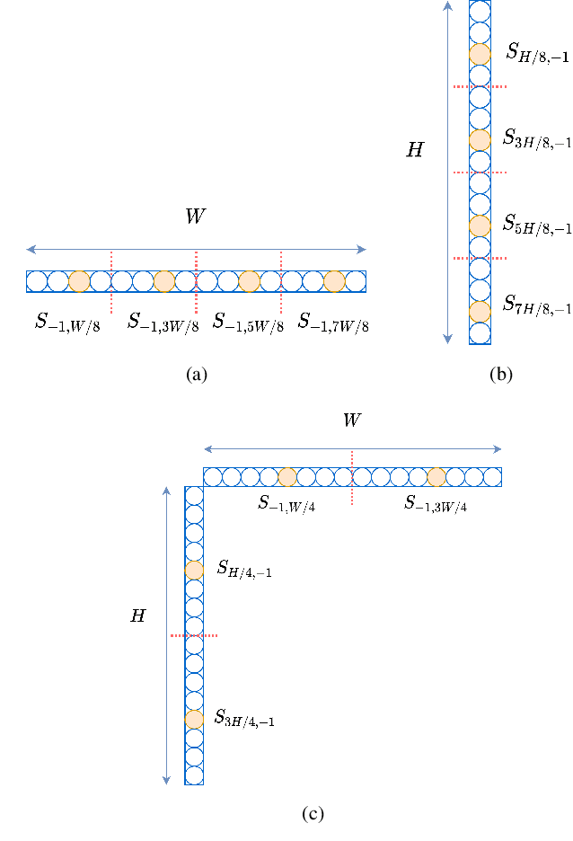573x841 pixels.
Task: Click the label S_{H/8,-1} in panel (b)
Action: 537,54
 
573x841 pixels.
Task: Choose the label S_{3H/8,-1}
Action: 537,139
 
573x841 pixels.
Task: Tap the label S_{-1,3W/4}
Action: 435,504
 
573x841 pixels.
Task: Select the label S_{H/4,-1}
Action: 244,570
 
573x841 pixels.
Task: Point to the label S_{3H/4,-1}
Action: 244,719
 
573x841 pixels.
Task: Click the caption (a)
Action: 196,375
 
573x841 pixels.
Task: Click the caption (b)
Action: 500,375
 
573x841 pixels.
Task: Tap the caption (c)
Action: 313,814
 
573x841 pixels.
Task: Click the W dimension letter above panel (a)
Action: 195,217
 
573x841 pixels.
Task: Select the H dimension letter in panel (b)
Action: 414,151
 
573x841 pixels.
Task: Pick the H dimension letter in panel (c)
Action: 137,616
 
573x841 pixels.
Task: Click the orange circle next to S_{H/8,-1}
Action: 480,54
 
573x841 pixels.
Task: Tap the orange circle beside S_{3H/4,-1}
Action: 194,719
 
